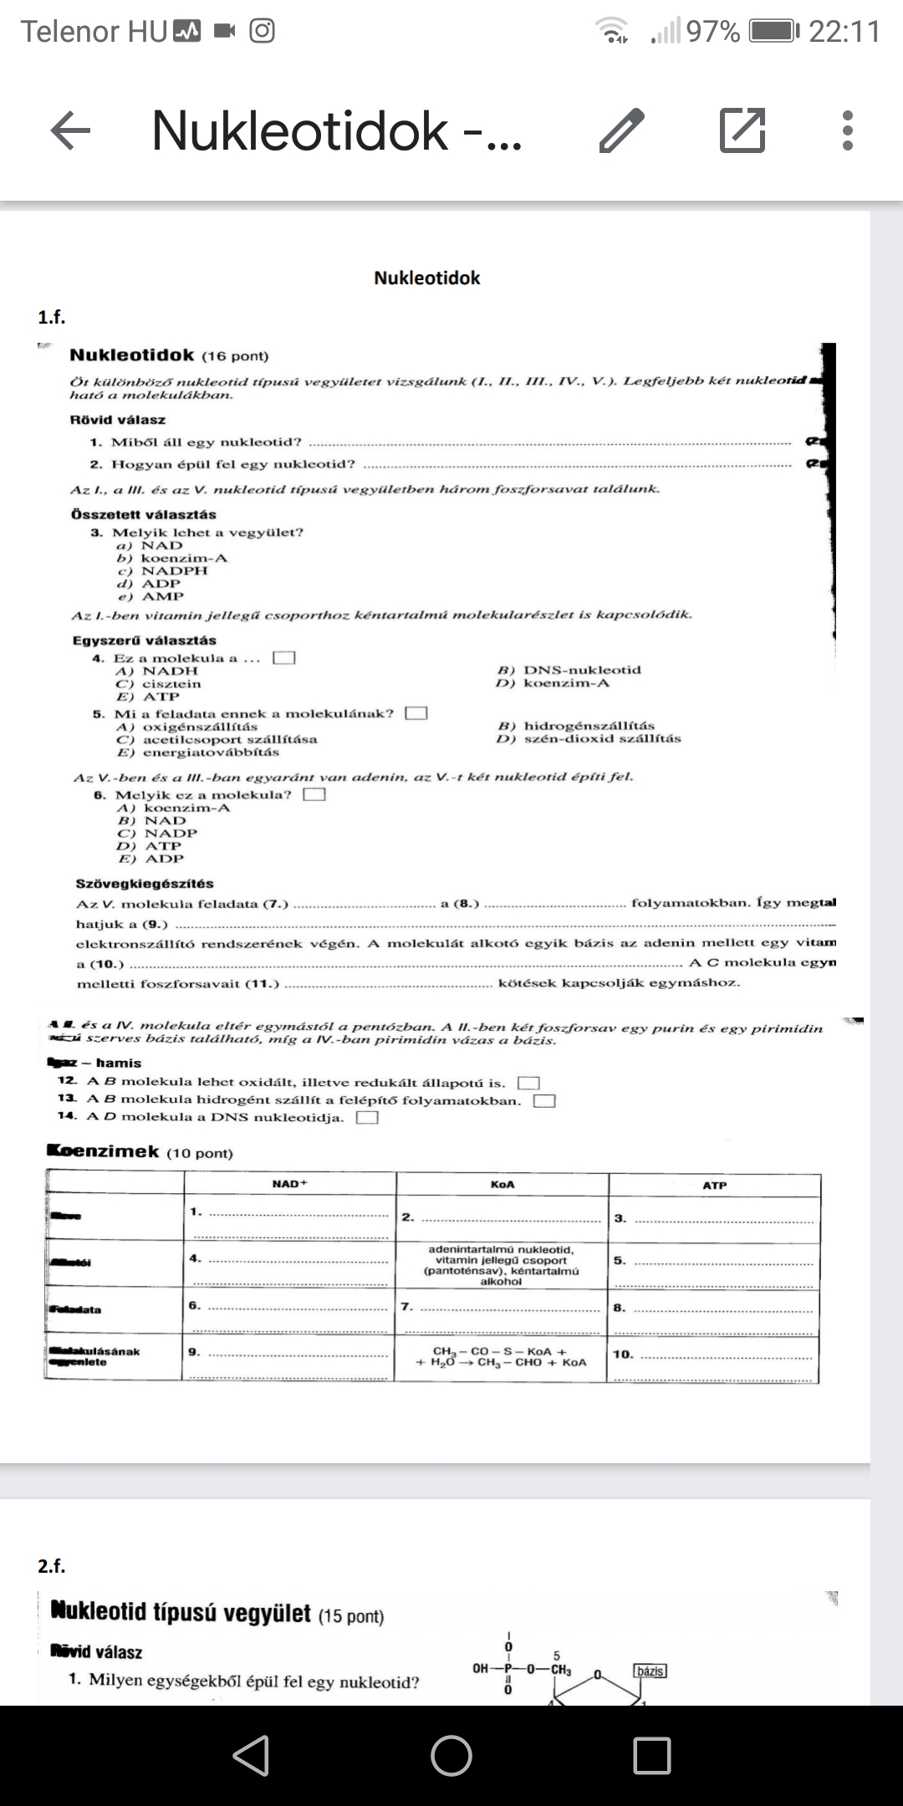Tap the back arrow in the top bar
tap(70, 131)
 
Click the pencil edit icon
tap(622, 131)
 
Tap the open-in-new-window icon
tap(742, 131)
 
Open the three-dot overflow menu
tap(847, 131)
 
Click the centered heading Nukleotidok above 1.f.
tap(426, 278)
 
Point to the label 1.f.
tap(51, 317)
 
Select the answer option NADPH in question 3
tap(174, 570)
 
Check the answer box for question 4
tap(284, 658)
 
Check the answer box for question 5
tap(416, 713)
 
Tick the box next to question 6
tap(314, 794)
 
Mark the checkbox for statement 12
tap(528, 1084)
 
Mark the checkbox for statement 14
tap(368, 1118)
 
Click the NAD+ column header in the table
tap(290, 1184)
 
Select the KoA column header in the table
tap(503, 1185)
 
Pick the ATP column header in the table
tap(715, 1186)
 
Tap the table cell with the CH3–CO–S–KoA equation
tap(502, 1356)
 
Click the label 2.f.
tap(51, 1566)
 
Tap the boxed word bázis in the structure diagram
tap(650, 1671)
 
